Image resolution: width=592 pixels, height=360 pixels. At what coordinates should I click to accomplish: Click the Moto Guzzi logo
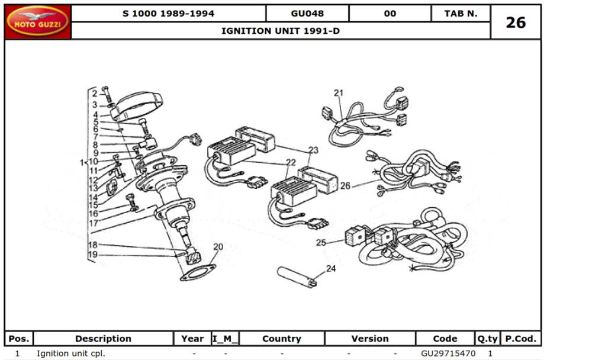[x=38, y=22]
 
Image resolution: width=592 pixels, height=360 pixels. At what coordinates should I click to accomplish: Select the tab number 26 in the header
[x=515, y=22]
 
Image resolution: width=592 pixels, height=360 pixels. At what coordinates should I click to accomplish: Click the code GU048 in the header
[x=307, y=14]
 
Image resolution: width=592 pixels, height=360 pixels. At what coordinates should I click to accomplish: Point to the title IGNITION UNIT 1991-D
[x=281, y=31]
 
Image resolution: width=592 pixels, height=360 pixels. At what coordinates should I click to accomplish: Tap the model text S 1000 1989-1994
[x=168, y=14]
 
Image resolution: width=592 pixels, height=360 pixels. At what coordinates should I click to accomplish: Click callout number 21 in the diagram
[x=338, y=93]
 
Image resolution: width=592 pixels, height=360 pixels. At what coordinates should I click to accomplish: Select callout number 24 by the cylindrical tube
[x=330, y=268]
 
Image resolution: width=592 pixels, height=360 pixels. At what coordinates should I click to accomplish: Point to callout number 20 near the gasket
[x=218, y=247]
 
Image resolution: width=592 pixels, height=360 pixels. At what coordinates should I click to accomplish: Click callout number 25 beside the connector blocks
[x=321, y=242]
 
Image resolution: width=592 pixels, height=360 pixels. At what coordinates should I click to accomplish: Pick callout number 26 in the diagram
[x=345, y=186]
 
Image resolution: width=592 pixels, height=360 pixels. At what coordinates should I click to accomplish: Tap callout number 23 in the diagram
[x=313, y=150]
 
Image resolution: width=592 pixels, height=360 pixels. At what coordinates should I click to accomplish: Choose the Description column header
[x=103, y=339]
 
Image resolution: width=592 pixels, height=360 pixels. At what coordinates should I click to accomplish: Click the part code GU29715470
[x=448, y=353]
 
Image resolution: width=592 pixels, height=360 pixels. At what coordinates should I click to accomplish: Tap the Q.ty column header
[x=487, y=339]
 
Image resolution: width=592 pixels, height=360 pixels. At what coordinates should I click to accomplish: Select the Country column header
[x=282, y=339]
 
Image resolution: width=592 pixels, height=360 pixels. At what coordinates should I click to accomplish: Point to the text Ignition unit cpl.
[x=71, y=353]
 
